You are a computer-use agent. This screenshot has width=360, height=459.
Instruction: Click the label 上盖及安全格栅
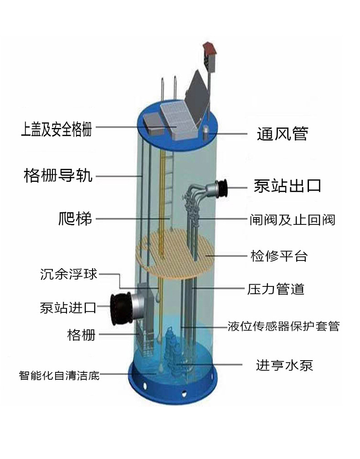57,129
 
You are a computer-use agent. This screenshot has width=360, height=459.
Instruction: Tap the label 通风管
282,134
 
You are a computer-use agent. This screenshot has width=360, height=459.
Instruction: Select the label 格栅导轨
58,175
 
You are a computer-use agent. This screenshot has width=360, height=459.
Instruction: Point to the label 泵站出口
288,186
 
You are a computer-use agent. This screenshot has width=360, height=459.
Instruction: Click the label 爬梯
75,219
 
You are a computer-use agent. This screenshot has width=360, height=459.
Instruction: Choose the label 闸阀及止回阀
292,220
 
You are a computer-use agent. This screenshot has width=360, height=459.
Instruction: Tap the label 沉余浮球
69,275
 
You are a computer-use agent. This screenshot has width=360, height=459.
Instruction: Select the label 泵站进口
68,308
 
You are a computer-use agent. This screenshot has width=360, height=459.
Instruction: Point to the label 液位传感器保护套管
283,326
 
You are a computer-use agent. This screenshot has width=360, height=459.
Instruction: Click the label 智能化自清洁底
59,376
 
